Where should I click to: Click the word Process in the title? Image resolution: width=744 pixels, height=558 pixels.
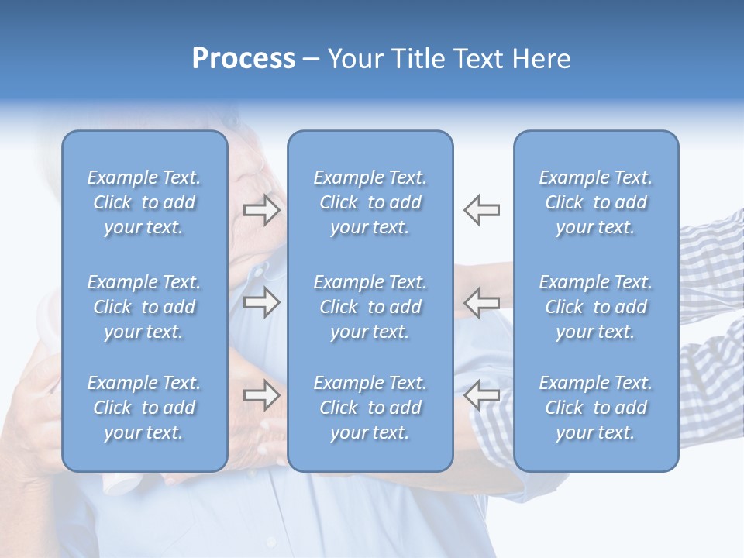(243, 59)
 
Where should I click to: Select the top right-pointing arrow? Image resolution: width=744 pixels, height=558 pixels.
(262, 210)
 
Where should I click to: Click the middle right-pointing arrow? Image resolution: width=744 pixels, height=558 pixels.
(262, 302)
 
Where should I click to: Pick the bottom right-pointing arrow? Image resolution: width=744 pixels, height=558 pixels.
(262, 394)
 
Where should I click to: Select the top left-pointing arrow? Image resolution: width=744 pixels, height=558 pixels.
(481, 210)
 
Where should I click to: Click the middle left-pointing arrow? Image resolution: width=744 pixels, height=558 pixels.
(481, 302)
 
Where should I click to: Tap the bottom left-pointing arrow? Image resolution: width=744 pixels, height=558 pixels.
(481, 394)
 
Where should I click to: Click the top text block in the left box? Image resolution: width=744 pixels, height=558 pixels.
(144, 202)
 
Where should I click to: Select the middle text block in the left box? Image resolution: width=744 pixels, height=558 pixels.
(144, 307)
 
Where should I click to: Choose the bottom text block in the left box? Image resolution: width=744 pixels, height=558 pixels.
(144, 408)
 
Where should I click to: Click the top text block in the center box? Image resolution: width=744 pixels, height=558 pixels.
(370, 202)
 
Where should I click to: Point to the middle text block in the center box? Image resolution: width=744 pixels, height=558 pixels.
(370, 307)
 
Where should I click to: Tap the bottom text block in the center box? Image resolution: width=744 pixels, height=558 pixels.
(370, 408)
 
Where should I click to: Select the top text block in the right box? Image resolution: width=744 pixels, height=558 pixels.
(596, 202)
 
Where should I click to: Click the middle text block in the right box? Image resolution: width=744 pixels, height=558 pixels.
(596, 307)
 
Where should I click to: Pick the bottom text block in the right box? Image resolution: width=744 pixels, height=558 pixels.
(596, 408)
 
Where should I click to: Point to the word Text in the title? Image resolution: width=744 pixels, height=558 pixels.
(477, 59)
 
